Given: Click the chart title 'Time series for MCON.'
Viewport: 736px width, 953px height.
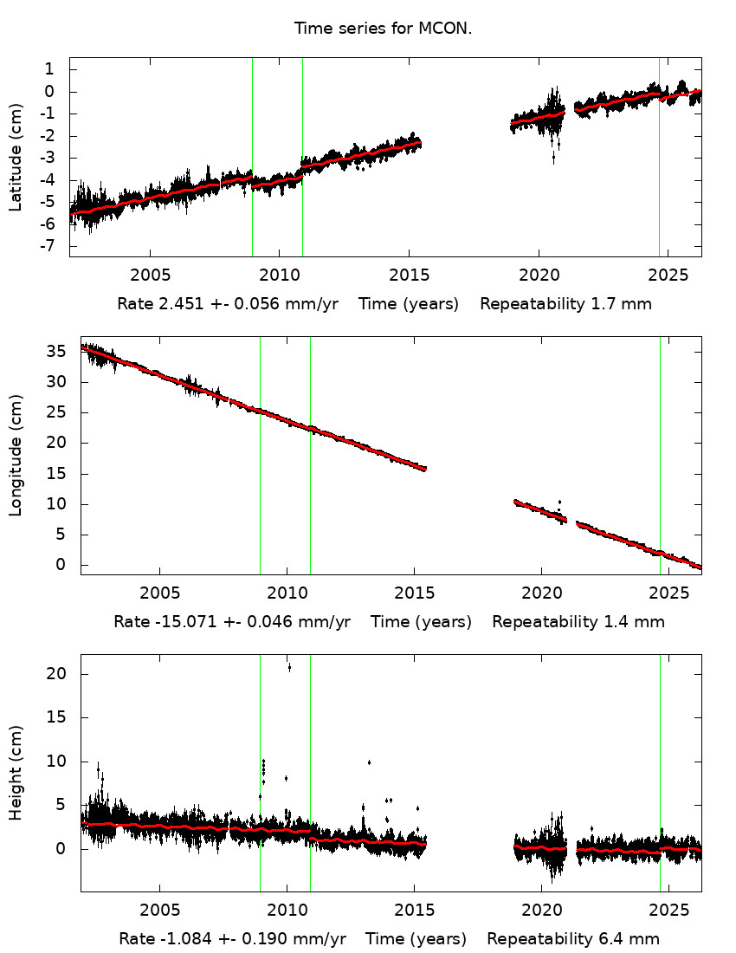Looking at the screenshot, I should tap(383, 29).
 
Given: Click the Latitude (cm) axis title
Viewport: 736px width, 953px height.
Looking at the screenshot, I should tap(16, 158).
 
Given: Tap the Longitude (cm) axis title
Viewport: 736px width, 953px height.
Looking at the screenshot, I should tap(16, 456).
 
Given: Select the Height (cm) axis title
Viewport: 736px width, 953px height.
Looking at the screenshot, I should tap(16, 773).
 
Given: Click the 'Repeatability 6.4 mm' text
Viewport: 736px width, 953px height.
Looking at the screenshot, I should tap(573, 939).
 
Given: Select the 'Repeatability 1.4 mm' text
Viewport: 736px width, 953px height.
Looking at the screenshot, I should tap(578, 622).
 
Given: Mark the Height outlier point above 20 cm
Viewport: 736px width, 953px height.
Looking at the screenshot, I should tap(289, 667).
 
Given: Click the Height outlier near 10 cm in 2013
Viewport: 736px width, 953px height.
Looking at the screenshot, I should tap(369, 762).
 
